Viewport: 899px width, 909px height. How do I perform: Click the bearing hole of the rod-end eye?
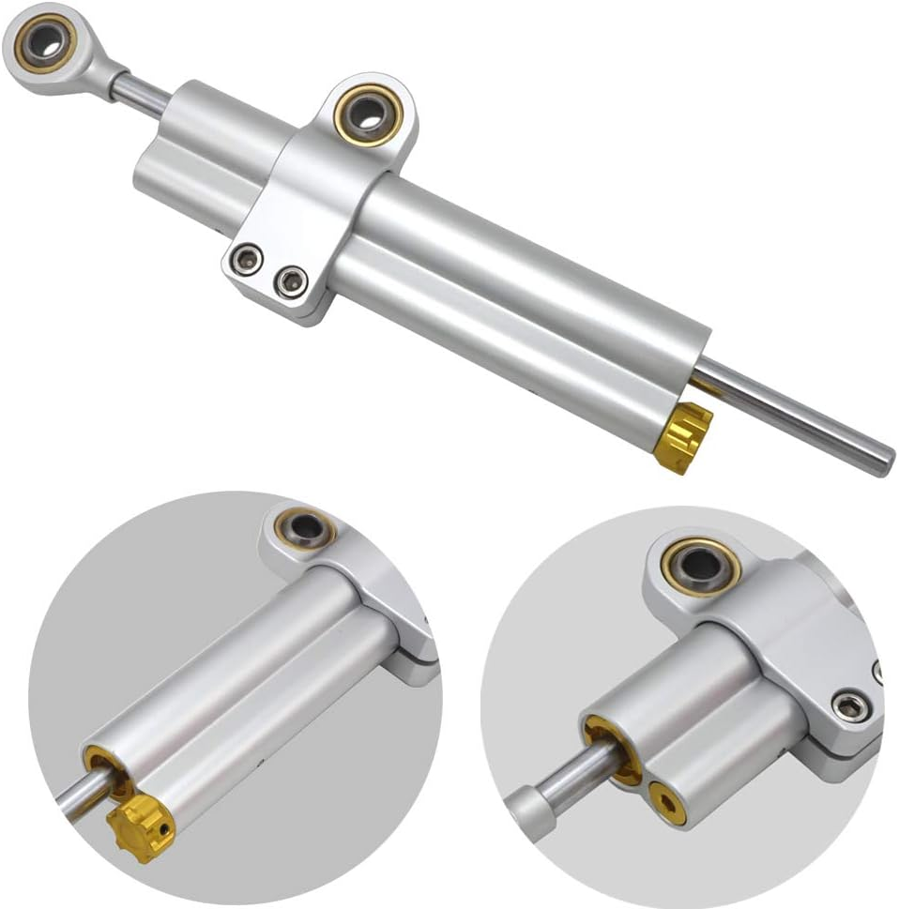[44, 42]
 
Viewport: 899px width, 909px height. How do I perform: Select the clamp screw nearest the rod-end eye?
[249, 256]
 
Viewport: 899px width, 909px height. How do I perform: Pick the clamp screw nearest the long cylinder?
[293, 279]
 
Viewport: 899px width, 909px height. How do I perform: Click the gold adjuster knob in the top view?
[682, 438]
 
